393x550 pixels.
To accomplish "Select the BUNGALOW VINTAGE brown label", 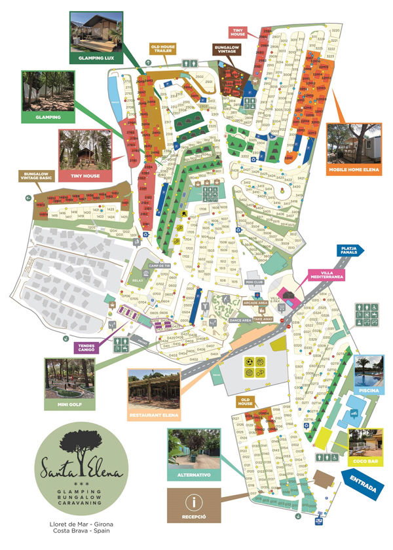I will (227, 50).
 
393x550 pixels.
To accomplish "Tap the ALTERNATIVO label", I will (193, 474).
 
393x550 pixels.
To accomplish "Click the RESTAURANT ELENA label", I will (153, 413).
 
